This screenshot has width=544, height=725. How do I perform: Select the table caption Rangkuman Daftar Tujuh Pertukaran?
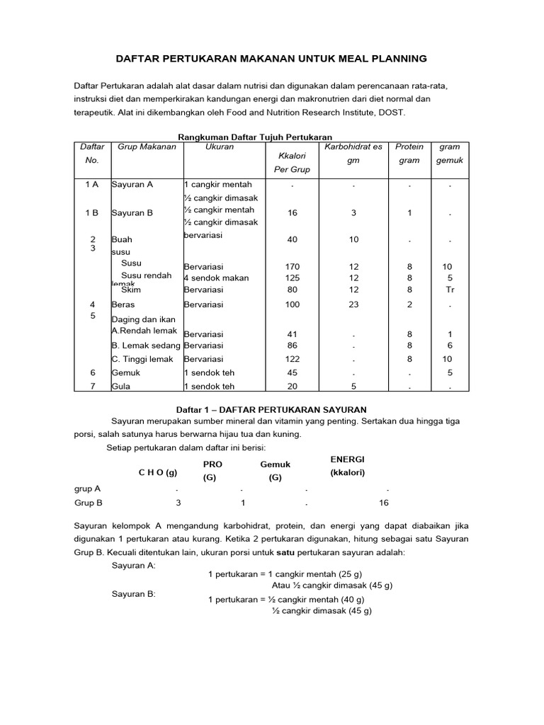click(x=254, y=137)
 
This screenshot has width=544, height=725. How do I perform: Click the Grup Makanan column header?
click(x=137, y=147)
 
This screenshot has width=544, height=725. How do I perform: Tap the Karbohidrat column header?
click(x=353, y=147)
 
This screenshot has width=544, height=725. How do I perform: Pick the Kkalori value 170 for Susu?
click(x=293, y=267)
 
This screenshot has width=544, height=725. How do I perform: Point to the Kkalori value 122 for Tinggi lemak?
click(x=293, y=359)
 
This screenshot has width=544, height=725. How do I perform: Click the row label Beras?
click(x=123, y=304)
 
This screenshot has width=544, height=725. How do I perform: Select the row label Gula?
click(x=122, y=387)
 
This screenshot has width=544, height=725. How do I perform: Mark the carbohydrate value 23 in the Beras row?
click(x=353, y=304)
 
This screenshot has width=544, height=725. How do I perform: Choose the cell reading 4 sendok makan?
click(x=216, y=278)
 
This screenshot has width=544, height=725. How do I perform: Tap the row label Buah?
click(x=122, y=240)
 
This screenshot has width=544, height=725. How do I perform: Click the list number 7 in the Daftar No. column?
click(x=93, y=387)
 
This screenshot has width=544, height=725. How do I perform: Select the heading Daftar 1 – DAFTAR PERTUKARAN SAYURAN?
click(x=270, y=409)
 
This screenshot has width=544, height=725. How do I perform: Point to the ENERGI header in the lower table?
click(x=348, y=459)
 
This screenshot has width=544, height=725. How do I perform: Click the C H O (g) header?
click(x=158, y=472)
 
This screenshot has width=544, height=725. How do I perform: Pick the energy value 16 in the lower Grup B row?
click(x=384, y=503)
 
